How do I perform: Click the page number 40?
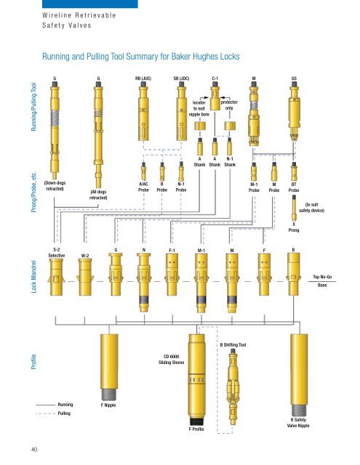(x=34, y=450)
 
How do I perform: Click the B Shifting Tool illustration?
(x=233, y=386)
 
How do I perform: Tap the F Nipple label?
(x=108, y=405)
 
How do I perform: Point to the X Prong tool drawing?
(x=294, y=208)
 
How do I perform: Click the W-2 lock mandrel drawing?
(x=85, y=277)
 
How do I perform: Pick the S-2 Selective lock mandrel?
(x=56, y=277)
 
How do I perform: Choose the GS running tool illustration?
(x=294, y=110)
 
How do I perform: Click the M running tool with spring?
(x=254, y=113)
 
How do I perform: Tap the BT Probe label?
(x=294, y=187)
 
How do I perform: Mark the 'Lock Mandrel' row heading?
(x=34, y=277)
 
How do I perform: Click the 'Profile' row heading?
(x=34, y=362)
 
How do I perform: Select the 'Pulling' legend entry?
(x=64, y=413)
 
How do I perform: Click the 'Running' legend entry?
(x=65, y=405)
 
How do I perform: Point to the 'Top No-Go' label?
(x=322, y=277)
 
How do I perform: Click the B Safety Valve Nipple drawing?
(x=299, y=375)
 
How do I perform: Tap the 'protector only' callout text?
(x=229, y=105)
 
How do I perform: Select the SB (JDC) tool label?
(x=181, y=78)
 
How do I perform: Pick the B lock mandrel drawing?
(x=294, y=274)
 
